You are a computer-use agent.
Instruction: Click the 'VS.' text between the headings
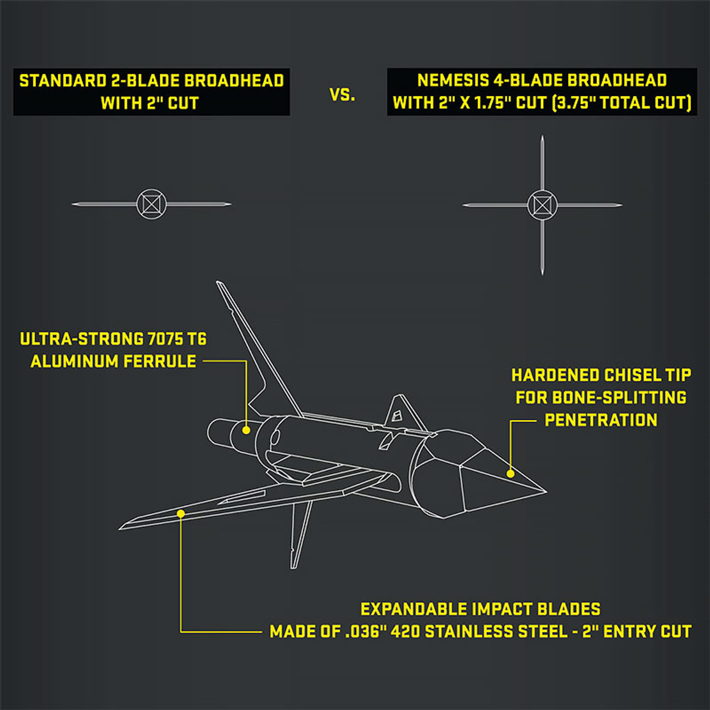pos(342,95)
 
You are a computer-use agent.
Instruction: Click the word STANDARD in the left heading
pos(62,81)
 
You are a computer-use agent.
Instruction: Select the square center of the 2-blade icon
pos(151,204)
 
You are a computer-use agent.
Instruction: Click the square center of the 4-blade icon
pos(542,205)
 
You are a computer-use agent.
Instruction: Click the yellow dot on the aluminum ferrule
pos(246,429)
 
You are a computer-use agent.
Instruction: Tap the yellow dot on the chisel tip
pos(510,473)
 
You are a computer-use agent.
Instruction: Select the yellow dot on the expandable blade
pos(181,514)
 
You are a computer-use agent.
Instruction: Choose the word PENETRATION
pos(601,420)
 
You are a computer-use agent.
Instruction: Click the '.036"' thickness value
pos(365,632)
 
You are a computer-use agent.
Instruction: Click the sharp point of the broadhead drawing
pos(546,491)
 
